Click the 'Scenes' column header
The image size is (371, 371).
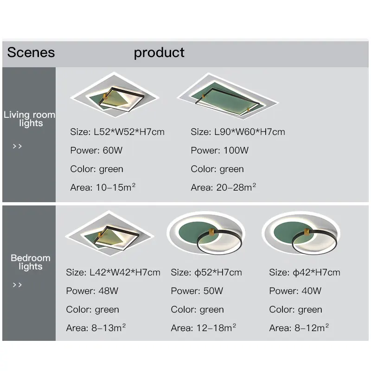[x=31, y=52]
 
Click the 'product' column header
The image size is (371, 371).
[x=159, y=52]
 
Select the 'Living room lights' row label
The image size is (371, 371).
[x=29, y=119]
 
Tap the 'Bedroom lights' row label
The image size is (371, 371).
[x=30, y=262]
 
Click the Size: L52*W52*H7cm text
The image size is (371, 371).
[x=117, y=132]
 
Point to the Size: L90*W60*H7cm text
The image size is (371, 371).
[x=238, y=132]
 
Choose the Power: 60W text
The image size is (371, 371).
[x=96, y=150]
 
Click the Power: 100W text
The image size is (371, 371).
[x=219, y=150]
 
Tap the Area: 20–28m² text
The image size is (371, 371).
[x=224, y=187]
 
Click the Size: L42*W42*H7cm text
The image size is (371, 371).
[x=113, y=272]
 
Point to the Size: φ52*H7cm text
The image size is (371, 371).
[x=206, y=272]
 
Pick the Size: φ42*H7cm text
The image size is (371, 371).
[x=305, y=272]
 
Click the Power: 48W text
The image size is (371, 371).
[x=92, y=291]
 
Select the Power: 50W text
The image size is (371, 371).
[x=197, y=291]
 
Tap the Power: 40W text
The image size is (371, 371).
[x=295, y=291]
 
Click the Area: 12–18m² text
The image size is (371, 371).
[x=204, y=328]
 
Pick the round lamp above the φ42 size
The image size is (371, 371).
[x=300, y=234]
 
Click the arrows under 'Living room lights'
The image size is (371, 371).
[x=17, y=147]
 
